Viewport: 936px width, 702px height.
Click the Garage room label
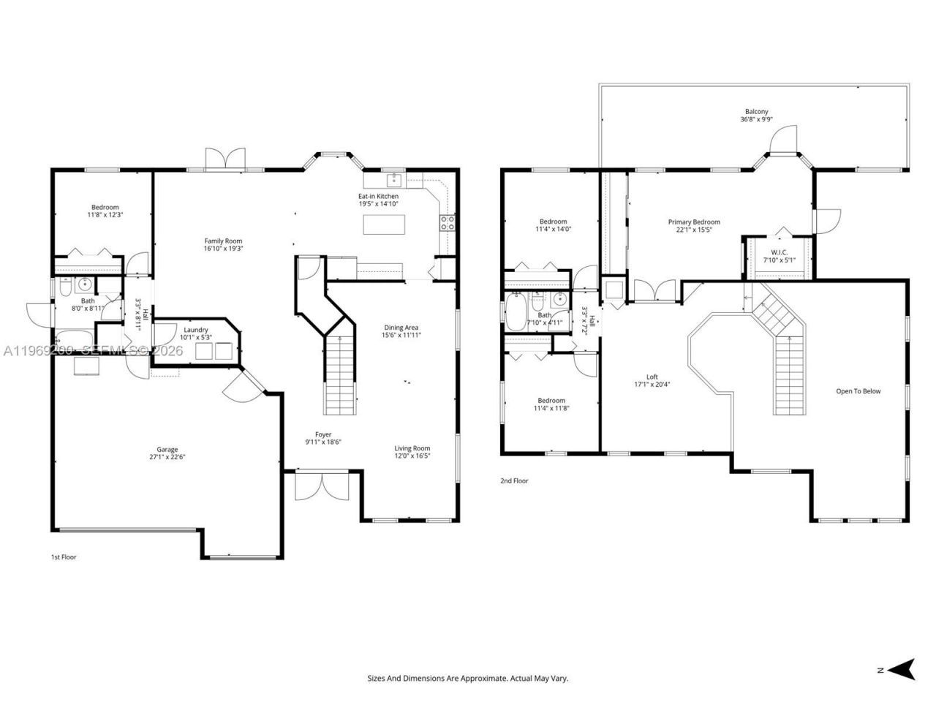point(167,450)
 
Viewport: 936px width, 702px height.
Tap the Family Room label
point(223,241)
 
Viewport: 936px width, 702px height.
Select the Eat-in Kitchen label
point(378,196)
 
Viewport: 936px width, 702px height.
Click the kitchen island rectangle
point(383,225)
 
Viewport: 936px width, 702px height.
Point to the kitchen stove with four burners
point(447,222)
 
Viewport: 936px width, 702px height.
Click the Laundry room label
point(196,330)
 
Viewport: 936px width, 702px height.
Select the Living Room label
point(412,448)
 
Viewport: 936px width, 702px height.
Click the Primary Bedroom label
point(694,222)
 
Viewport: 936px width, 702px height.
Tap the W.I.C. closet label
point(779,252)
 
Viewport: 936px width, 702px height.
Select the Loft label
point(652,377)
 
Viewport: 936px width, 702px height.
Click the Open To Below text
point(858,391)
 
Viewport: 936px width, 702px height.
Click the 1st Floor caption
point(64,557)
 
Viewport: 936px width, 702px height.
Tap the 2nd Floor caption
point(514,481)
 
